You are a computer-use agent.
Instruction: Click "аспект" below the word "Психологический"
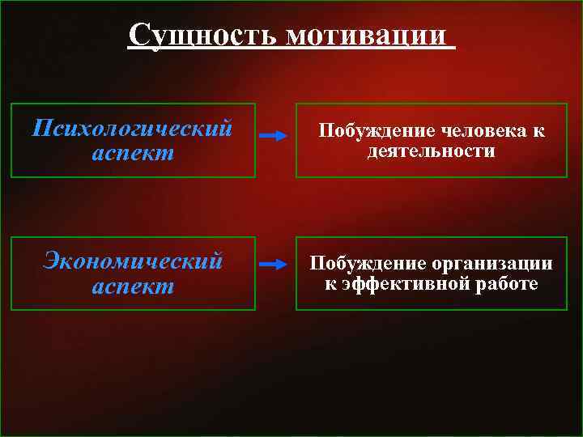tap(133, 153)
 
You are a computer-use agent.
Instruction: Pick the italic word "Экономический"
tap(133, 261)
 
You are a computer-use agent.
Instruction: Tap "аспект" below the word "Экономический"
tap(133, 286)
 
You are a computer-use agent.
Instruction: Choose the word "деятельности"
tap(431, 151)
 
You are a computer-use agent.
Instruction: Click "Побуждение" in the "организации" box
tap(366, 264)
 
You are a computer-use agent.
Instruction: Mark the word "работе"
tap(507, 284)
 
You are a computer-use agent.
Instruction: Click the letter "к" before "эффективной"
tap(330, 284)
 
